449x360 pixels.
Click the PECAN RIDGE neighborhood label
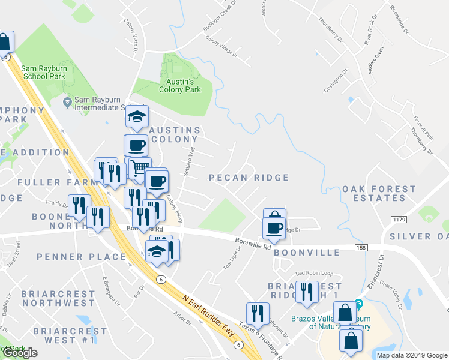(x=249, y=178)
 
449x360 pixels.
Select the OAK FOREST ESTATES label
(x=378, y=193)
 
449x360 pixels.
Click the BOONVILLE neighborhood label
(x=306, y=253)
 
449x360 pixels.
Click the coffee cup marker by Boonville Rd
(x=274, y=227)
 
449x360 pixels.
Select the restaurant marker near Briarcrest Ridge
(x=307, y=291)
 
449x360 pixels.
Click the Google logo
(x=20, y=353)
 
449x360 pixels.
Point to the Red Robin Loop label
(x=314, y=274)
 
